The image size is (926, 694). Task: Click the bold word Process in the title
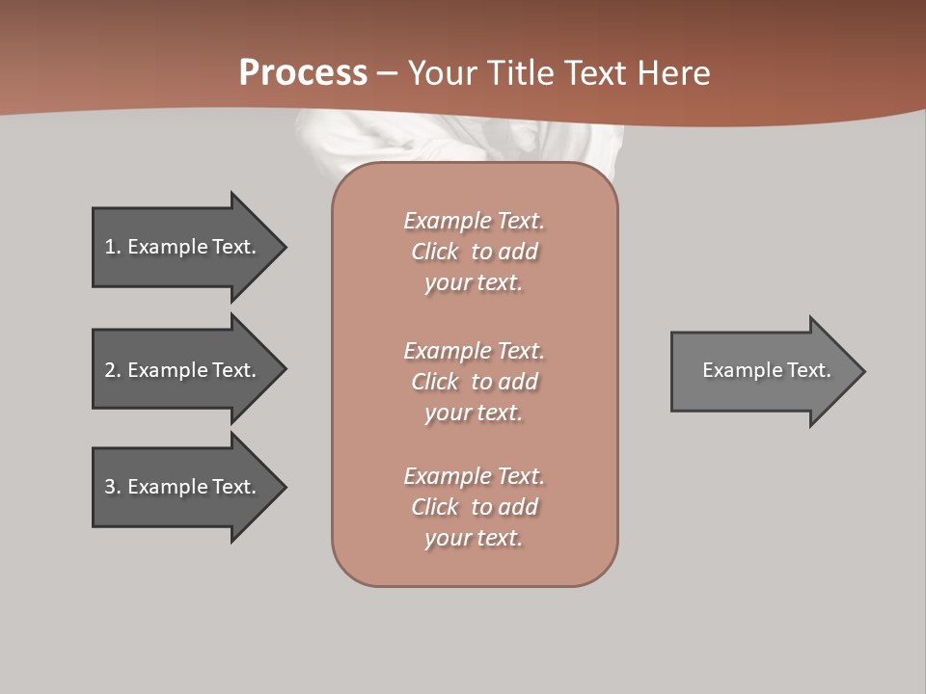point(303,73)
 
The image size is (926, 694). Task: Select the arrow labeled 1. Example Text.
point(183,247)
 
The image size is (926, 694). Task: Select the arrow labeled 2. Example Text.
point(183,370)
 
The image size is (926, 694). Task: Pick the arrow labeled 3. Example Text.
point(183,487)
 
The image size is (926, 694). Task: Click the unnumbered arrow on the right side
point(762,370)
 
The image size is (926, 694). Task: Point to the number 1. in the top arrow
point(113,247)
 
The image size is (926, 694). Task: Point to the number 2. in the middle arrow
point(113,370)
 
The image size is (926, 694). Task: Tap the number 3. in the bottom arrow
point(113,487)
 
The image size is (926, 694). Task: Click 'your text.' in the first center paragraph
point(474,283)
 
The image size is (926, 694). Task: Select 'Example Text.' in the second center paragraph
point(474,350)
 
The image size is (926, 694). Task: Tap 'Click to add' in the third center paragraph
point(474,507)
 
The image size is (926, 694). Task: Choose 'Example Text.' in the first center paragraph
point(474,221)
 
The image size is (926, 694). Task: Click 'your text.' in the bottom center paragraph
point(474,538)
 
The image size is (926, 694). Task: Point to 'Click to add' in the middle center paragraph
point(474,382)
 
